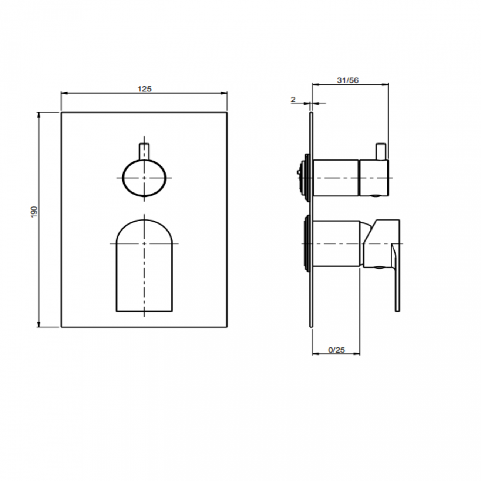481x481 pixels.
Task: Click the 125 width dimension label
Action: pos(144,89)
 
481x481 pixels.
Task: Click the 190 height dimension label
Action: pos(34,212)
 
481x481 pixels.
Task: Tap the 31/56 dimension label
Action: pos(347,80)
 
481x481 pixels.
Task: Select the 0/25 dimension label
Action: pos(336,350)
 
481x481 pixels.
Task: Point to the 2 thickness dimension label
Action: pos(293,100)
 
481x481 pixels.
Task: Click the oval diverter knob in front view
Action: pos(144,178)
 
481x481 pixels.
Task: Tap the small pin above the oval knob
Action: pos(144,151)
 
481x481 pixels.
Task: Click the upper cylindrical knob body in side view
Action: pos(336,178)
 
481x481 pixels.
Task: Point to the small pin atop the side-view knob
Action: pos(381,152)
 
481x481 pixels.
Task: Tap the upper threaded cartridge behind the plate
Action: pos(306,178)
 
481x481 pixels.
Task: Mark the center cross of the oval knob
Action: pos(144,178)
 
